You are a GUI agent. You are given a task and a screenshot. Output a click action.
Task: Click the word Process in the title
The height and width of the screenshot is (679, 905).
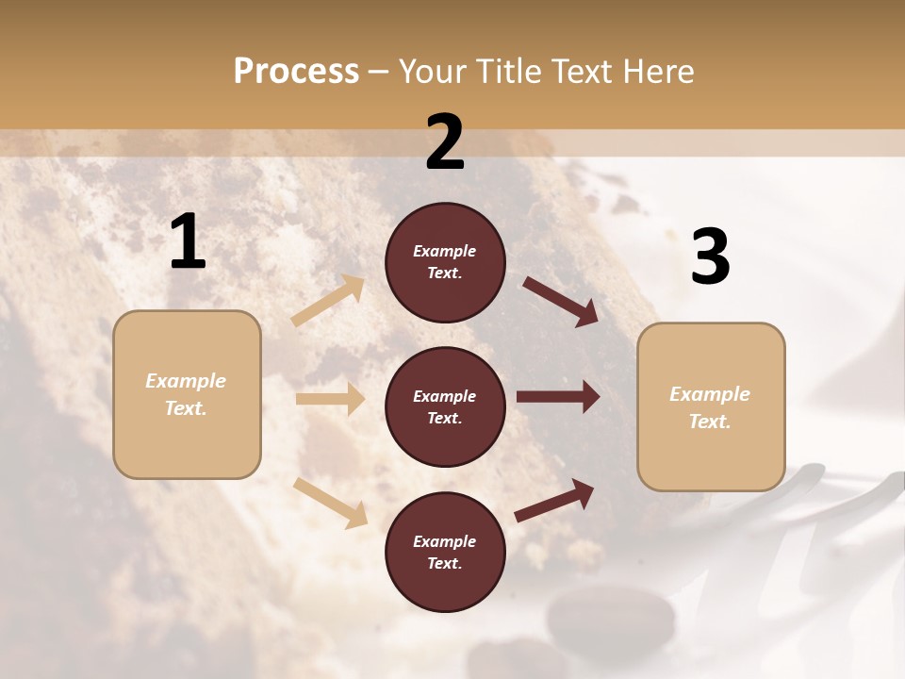click(296, 71)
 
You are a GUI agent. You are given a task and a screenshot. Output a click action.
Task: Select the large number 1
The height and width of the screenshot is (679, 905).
click(188, 243)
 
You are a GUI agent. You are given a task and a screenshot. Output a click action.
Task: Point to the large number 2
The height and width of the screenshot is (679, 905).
click(445, 142)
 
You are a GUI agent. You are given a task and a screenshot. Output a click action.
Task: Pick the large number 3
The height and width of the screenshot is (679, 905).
click(710, 257)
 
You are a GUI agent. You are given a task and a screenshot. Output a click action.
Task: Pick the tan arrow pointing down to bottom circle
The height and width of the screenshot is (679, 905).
click(331, 502)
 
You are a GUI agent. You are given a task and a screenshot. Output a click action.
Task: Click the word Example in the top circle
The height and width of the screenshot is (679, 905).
click(445, 251)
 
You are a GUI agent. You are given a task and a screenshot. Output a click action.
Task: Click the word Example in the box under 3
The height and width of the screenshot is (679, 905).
click(710, 394)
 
